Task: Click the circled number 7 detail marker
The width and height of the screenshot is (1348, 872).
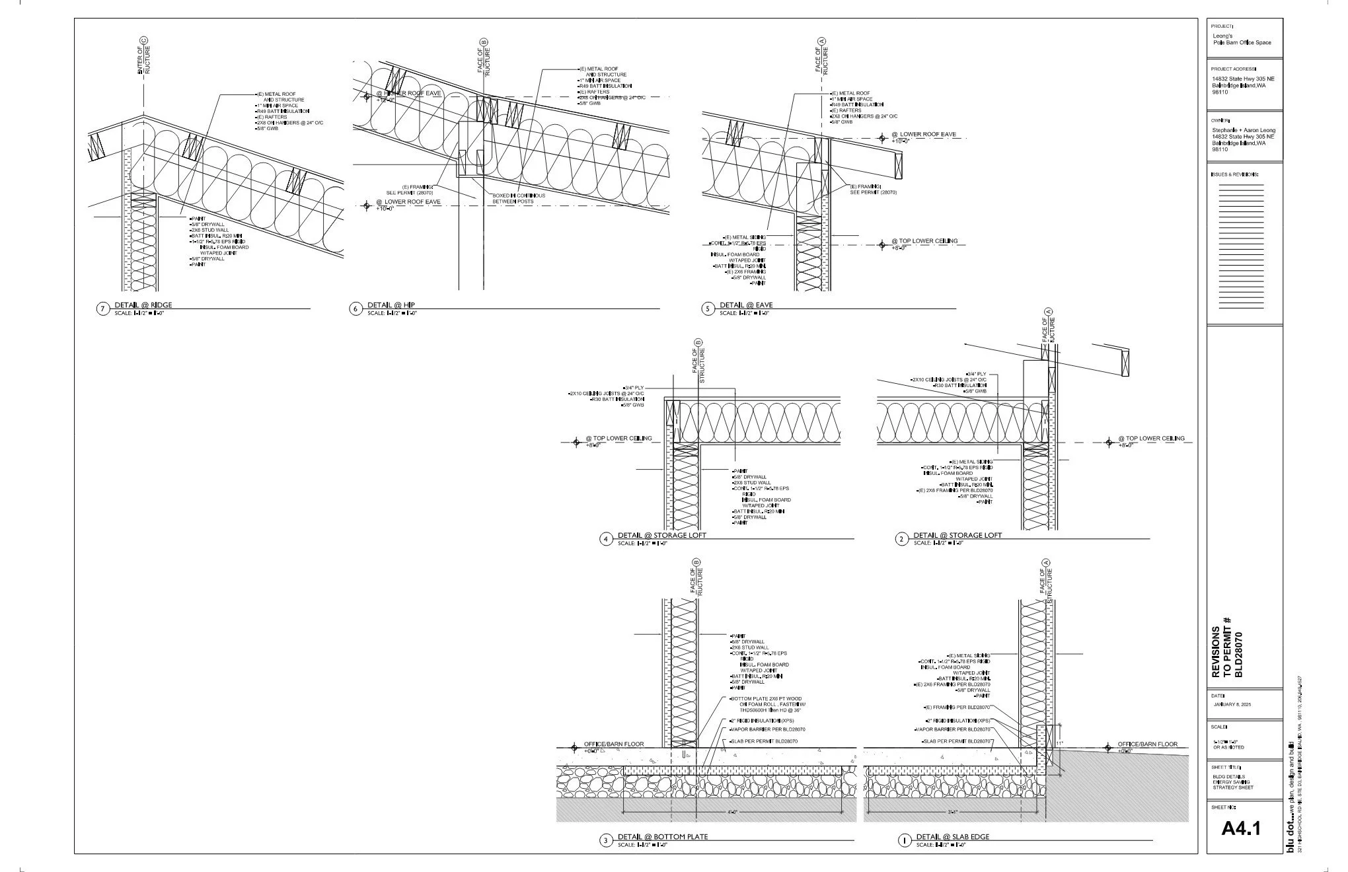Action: tap(102, 309)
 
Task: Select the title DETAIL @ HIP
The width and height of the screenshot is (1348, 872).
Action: tap(391, 305)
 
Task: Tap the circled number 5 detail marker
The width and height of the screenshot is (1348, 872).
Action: tap(709, 309)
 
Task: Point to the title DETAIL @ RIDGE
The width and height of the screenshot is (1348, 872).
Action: tap(143, 305)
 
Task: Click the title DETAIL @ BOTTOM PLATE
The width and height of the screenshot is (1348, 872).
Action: tap(663, 836)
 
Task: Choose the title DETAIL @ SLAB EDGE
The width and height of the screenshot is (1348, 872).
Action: tap(952, 837)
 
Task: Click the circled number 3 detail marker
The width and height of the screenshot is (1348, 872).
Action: tap(606, 841)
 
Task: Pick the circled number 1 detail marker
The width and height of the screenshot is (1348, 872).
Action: tap(904, 841)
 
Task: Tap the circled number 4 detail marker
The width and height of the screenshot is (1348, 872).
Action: tap(606, 539)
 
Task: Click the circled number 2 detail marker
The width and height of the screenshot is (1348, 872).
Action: tap(902, 539)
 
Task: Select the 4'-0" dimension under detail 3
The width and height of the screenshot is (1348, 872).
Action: tap(732, 811)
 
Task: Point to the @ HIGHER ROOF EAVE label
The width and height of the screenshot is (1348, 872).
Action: tap(408, 93)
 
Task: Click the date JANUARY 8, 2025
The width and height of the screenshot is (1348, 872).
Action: tap(1233, 705)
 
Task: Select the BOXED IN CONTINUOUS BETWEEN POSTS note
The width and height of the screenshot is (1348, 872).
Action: tap(519, 198)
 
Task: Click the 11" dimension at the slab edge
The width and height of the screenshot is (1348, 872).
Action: tap(1061, 744)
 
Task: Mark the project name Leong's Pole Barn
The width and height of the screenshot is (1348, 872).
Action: tap(1242, 39)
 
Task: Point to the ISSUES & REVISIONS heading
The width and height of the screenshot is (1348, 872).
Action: tap(1234, 174)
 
